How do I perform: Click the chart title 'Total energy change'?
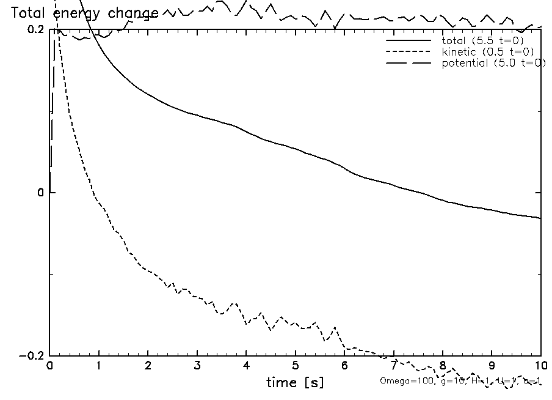(x=85, y=13)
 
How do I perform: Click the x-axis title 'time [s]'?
(x=295, y=383)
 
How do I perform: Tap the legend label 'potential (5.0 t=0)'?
(x=493, y=63)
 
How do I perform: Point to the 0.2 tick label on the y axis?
(x=35, y=29)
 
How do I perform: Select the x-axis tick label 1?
(x=99, y=366)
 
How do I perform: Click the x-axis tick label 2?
(x=148, y=366)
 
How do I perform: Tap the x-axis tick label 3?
(x=197, y=366)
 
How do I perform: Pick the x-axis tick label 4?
(x=246, y=366)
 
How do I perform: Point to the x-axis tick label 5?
(x=296, y=366)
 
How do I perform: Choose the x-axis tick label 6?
(x=344, y=366)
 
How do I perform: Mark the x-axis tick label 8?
(x=443, y=366)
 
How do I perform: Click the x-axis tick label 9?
(x=492, y=366)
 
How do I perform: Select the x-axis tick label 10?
(x=540, y=366)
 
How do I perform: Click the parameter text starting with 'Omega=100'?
(x=460, y=381)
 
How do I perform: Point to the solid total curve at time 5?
(x=296, y=149)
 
